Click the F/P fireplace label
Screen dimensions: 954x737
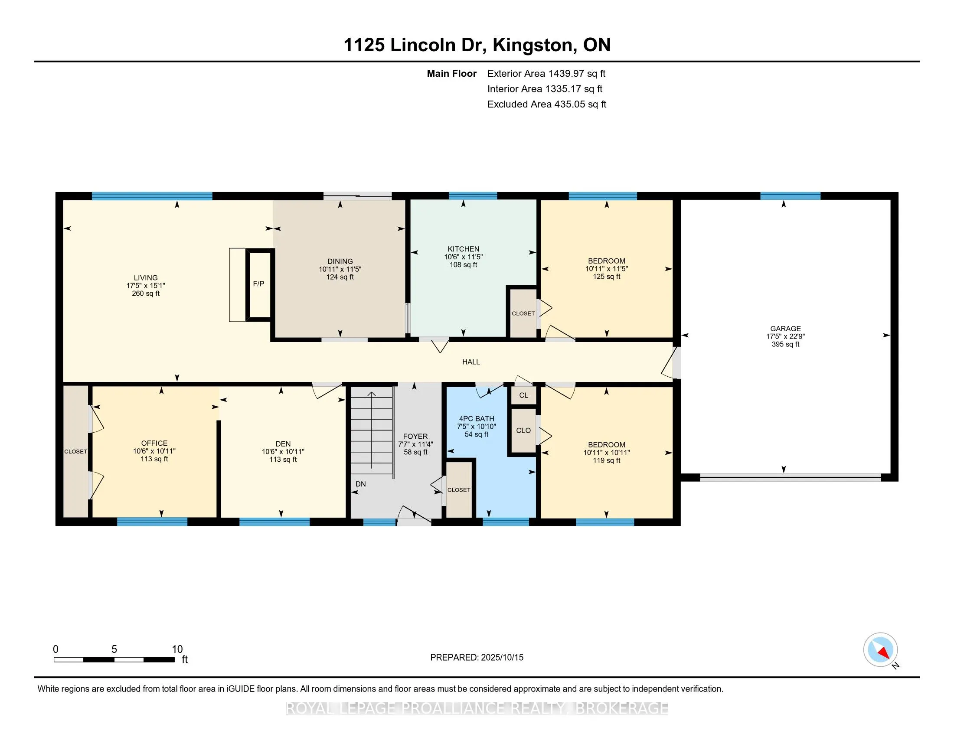click(258, 284)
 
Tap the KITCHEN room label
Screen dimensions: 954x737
click(464, 249)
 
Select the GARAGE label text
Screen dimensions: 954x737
click(785, 329)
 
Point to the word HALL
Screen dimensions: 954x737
click(471, 362)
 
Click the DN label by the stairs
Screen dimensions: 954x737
click(361, 484)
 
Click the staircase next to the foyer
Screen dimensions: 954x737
click(372, 430)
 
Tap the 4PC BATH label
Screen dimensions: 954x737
click(476, 419)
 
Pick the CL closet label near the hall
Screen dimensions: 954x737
click(524, 395)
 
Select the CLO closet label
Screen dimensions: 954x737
click(523, 430)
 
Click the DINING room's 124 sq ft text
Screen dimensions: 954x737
click(340, 277)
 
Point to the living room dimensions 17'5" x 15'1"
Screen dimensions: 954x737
click(145, 286)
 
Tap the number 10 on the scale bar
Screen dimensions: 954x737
click(177, 649)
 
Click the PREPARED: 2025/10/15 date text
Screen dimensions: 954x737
click(477, 657)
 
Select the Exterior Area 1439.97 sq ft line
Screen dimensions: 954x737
click(546, 73)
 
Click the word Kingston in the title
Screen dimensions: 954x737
click(533, 45)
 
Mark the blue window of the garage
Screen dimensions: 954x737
click(790, 196)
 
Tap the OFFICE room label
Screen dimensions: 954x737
click(154, 443)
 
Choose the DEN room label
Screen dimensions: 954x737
click(283, 444)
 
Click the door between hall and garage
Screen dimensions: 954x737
click(671, 362)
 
